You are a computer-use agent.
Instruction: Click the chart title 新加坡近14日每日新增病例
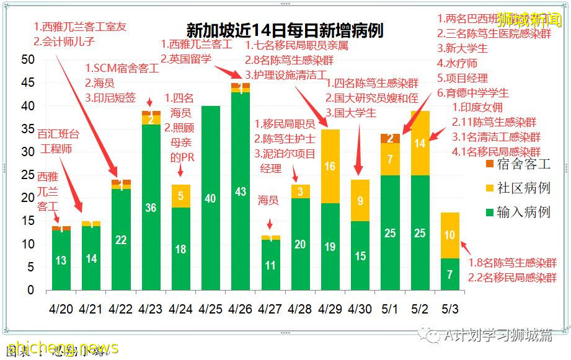(x=285, y=30)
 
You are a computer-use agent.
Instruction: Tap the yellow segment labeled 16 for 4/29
(x=330, y=166)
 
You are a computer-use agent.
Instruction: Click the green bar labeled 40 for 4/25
(x=211, y=198)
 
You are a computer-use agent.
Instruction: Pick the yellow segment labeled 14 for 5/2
(x=420, y=143)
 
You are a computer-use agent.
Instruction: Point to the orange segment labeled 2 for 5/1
(x=390, y=138)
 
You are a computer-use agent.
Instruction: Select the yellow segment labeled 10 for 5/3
(x=449, y=235)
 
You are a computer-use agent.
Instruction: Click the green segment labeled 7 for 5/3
(x=449, y=274)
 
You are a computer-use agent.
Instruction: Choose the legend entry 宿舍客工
(x=518, y=164)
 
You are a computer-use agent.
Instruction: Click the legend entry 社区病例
(x=518, y=188)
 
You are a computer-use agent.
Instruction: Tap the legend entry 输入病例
(x=518, y=212)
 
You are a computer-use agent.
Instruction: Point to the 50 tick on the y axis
(x=27, y=60)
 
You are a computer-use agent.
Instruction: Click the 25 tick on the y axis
(x=27, y=175)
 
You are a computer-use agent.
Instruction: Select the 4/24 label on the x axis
(x=180, y=309)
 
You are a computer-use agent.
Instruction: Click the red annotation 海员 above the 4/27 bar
(x=268, y=201)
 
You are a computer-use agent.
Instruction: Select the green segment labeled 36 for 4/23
(x=151, y=208)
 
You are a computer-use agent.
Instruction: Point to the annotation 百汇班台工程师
(x=56, y=141)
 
